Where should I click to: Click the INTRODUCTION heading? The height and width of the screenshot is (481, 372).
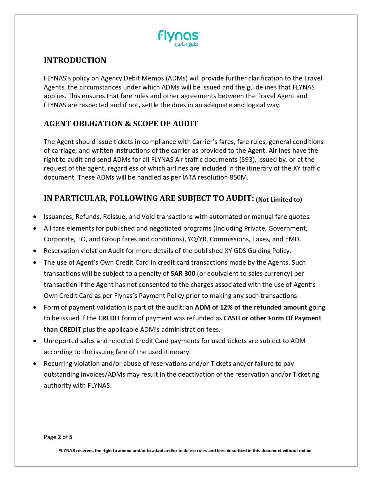(x=75, y=60)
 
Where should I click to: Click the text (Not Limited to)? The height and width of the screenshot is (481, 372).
(x=279, y=200)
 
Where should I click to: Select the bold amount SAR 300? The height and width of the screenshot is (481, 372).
(x=183, y=273)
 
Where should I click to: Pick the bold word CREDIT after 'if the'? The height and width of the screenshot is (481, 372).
(x=109, y=318)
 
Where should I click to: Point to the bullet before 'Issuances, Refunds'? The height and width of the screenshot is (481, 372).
(x=35, y=217)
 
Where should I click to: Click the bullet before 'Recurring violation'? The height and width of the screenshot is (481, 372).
(x=35, y=364)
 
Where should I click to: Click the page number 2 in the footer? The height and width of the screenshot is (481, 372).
(x=59, y=437)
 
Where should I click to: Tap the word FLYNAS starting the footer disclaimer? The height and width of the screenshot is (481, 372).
(x=67, y=451)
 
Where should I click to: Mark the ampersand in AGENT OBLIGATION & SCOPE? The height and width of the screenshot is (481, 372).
(x=128, y=124)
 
